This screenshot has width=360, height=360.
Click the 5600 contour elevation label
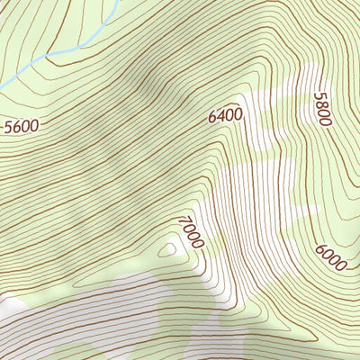click(x=22, y=126)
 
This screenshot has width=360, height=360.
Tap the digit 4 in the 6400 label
click(x=221, y=115)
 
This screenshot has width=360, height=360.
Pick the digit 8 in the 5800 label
click(x=322, y=103)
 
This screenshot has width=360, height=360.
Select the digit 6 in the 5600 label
click(x=17, y=127)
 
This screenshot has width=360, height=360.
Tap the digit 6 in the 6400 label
click(x=213, y=117)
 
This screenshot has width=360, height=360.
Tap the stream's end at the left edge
click(x=2, y=87)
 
